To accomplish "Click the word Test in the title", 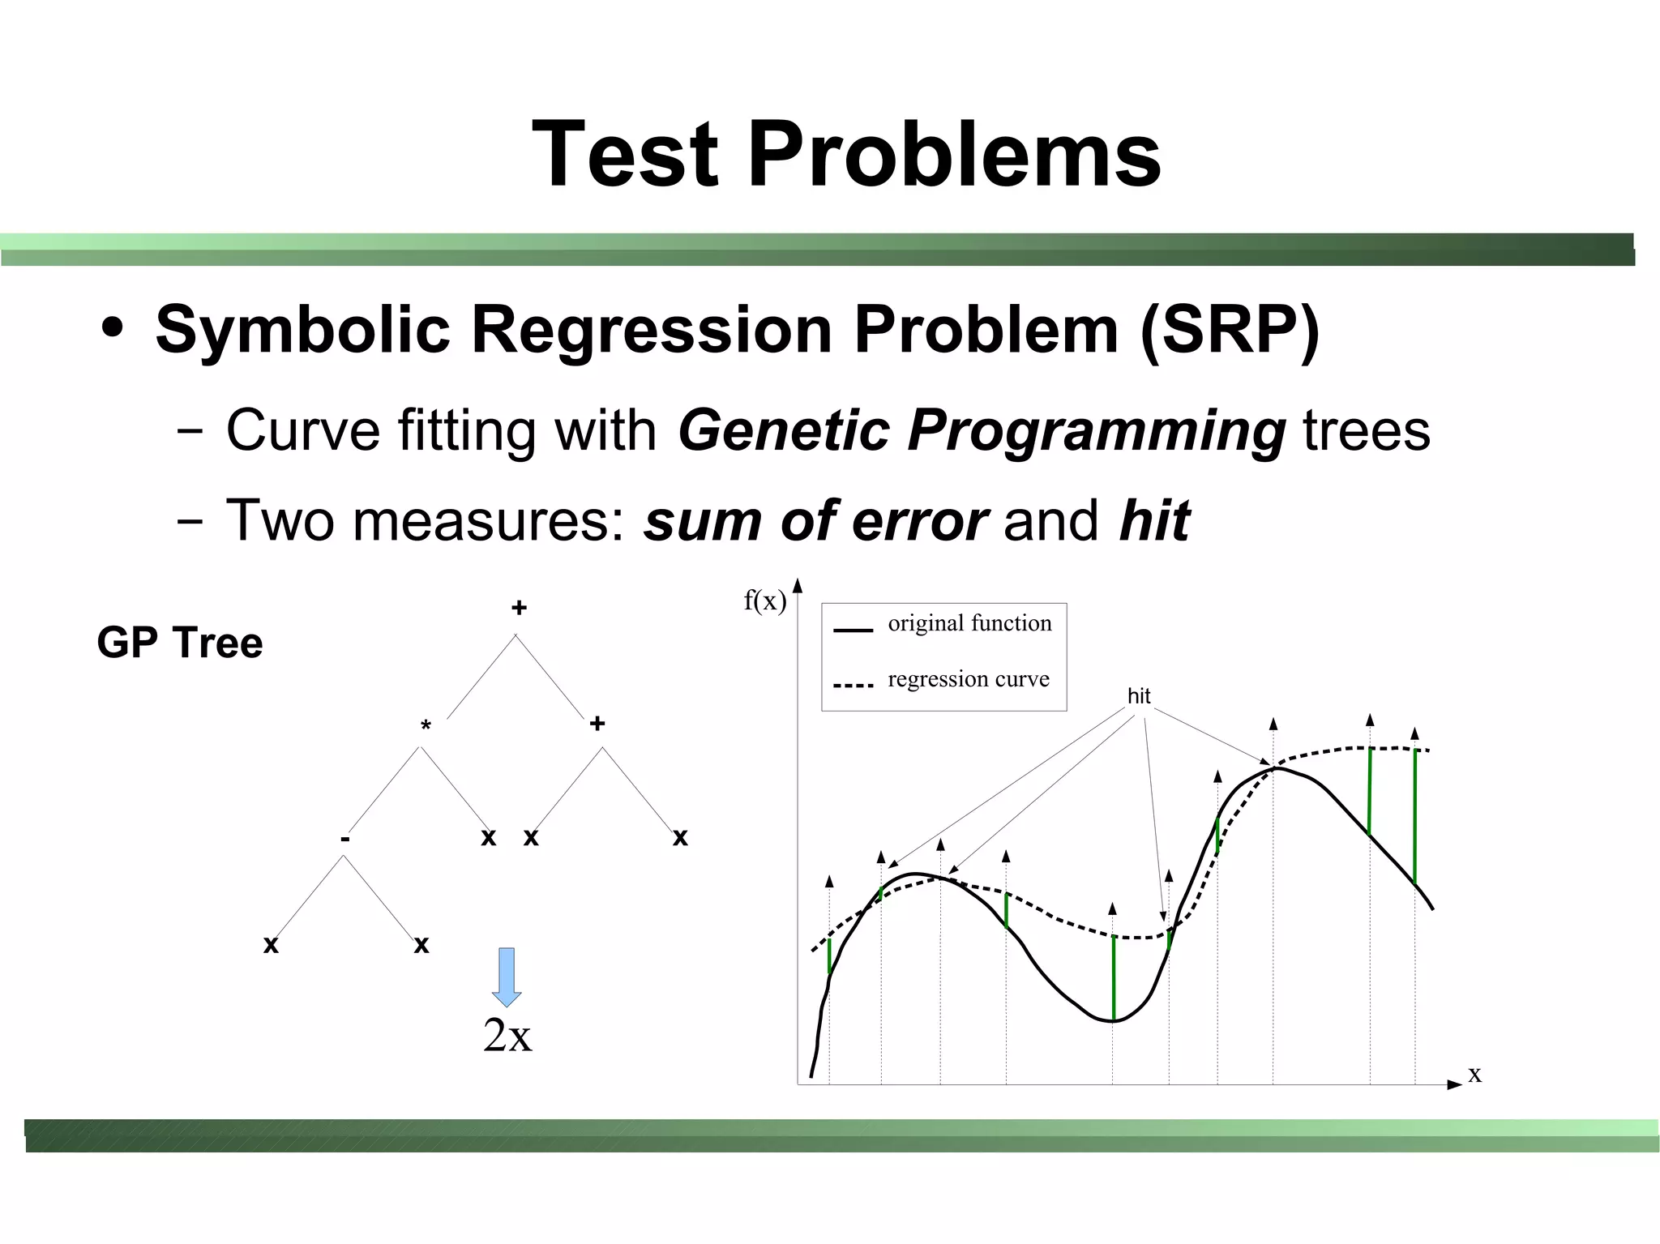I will click(x=625, y=154).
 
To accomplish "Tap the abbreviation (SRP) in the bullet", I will click(x=1230, y=330).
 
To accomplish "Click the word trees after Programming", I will click(x=1367, y=430).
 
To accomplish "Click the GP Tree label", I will click(x=180, y=643).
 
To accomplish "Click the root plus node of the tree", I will click(x=519, y=608).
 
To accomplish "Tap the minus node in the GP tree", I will click(x=345, y=840).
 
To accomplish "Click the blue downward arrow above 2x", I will click(x=507, y=977).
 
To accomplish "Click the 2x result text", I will click(x=507, y=1035).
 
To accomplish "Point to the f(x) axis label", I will click(x=764, y=601).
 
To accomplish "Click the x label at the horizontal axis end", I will click(x=1474, y=1074).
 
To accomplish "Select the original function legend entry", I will click(x=969, y=623).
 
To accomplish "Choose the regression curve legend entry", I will click(x=968, y=679).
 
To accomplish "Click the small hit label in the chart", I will click(x=1138, y=696).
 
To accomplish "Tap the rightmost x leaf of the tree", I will click(x=680, y=837).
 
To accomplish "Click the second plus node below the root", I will click(x=597, y=723).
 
